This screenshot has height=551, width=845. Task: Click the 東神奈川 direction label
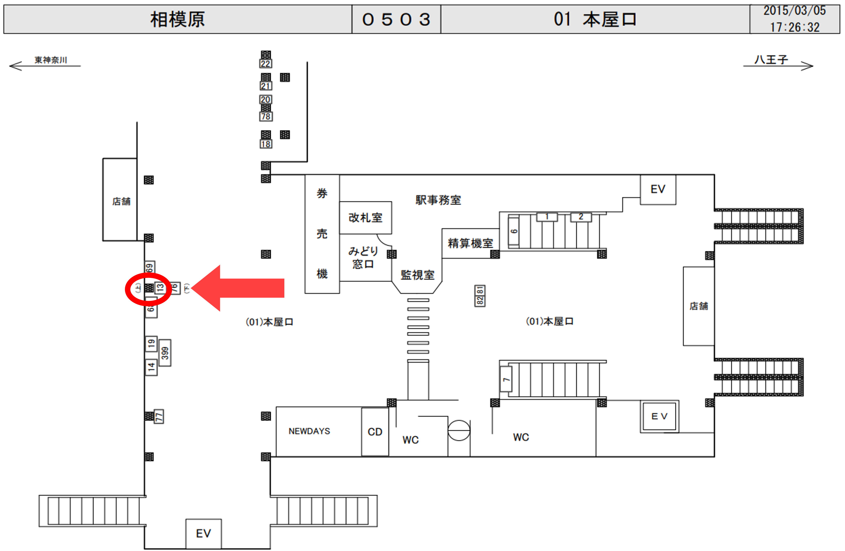[x=50, y=60]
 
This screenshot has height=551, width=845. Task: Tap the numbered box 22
[x=265, y=64]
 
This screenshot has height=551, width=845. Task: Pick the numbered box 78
[x=265, y=116]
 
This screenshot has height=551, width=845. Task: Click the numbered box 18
[x=265, y=144]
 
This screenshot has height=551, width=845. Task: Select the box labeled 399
[x=165, y=353]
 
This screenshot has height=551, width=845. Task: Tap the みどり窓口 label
[x=363, y=258]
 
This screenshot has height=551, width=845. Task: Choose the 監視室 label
[x=418, y=275]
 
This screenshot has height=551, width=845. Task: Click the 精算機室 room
[x=470, y=243]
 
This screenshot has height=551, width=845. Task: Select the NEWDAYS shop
[x=309, y=431]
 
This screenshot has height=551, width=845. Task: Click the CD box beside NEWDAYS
[x=375, y=432]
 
